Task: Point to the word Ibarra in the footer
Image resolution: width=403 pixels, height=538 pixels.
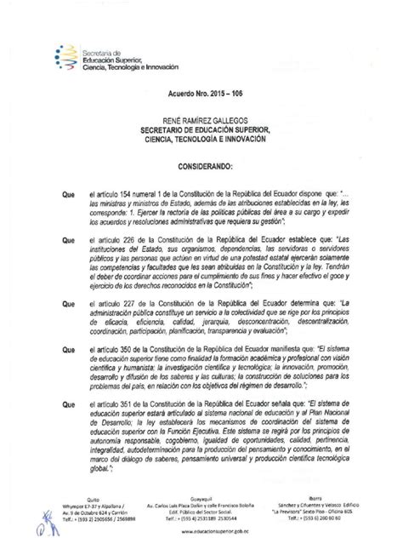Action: [311, 500]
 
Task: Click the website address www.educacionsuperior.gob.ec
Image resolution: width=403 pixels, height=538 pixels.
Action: [201, 529]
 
